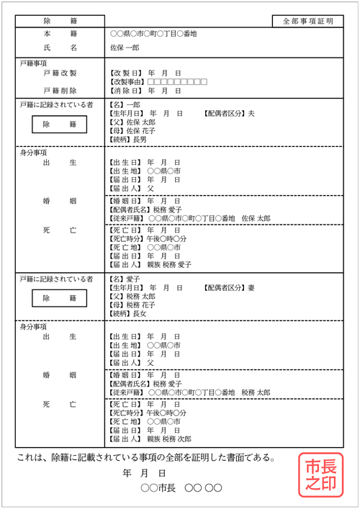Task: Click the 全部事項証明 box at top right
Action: coord(308,22)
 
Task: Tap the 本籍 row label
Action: coord(59,34)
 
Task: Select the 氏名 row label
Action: coord(59,48)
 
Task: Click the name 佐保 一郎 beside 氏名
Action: coord(126,48)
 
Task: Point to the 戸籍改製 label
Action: coord(60,73)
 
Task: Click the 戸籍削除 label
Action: coord(60,91)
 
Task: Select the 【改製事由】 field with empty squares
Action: coord(158,82)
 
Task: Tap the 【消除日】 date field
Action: coord(144,91)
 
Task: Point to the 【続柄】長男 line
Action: coord(126,140)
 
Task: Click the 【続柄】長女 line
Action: coord(126,313)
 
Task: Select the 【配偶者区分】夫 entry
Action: coord(229,114)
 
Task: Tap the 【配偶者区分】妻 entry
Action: coord(229,287)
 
